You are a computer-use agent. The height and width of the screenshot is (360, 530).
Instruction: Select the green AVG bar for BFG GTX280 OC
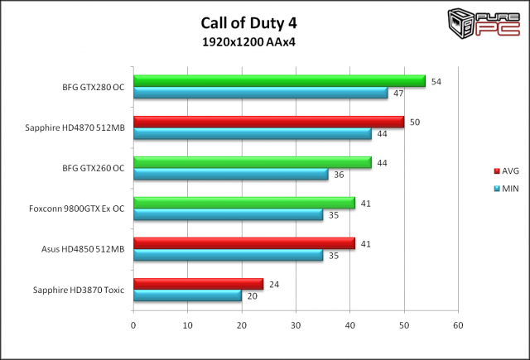[279, 81]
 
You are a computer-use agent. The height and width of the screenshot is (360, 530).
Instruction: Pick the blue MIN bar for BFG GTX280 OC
[260, 93]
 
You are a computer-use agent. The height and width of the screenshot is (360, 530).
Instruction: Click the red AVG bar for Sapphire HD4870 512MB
[268, 122]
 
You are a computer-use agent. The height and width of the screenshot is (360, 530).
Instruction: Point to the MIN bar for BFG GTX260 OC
[230, 174]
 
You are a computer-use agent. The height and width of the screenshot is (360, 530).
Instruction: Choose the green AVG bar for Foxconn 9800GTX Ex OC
[243, 203]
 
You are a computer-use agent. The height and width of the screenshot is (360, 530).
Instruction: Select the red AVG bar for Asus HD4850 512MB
[243, 243]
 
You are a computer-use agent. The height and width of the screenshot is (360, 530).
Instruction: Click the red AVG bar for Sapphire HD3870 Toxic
[198, 284]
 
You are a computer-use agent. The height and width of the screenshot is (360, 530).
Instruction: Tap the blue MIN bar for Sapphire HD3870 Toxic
[187, 295]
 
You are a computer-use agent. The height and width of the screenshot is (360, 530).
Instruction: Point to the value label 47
[398, 94]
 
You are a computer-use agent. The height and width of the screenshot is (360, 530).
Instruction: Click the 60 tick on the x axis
[458, 324]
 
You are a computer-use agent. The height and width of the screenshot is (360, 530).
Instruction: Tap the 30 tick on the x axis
[296, 324]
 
